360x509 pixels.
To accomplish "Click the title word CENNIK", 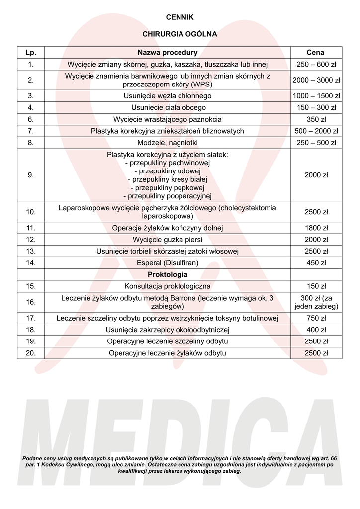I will pyautogui.click(x=180, y=17).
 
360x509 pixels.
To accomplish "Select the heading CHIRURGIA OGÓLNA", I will pyautogui.click(x=180, y=35).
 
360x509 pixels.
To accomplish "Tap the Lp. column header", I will pyautogui.click(x=31, y=52).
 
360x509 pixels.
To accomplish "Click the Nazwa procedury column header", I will pyautogui.click(x=168, y=52).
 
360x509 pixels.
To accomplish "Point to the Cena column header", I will pyautogui.click(x=316, y=52).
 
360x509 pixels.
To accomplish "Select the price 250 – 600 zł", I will pyautogui.click(x=316, y=64).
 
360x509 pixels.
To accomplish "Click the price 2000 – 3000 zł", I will pyautogui.click(x=316, y=80).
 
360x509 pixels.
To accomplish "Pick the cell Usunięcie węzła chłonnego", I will pyautogui.click(x=168, y=96).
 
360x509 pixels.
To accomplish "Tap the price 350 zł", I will pyautogui.click(x=316, y=119).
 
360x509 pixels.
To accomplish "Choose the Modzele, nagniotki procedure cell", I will pyautogui.click(x=168, y=143).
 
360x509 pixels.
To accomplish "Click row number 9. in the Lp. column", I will pyautogui.click(x=31, y=175).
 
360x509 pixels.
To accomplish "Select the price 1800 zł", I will pyautogui.click(x=316, y=228).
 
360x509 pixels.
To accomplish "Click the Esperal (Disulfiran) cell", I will pyautogui.click(x=168, y=263).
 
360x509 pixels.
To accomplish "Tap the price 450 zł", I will pyautogui.click(x=316, y=263).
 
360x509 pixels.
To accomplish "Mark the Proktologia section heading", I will pyautogui.click(x=168, y=274).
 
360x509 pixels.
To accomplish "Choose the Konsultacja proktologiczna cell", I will pyautogui.click(x=168, y=286).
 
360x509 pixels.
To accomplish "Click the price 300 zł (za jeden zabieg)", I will pyautogui.click(x=316, y=302).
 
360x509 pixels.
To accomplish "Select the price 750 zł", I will pyautogui.click(x=316, y=318).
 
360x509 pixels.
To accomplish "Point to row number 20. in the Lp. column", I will pyautogui.click(x=31, y=353).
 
